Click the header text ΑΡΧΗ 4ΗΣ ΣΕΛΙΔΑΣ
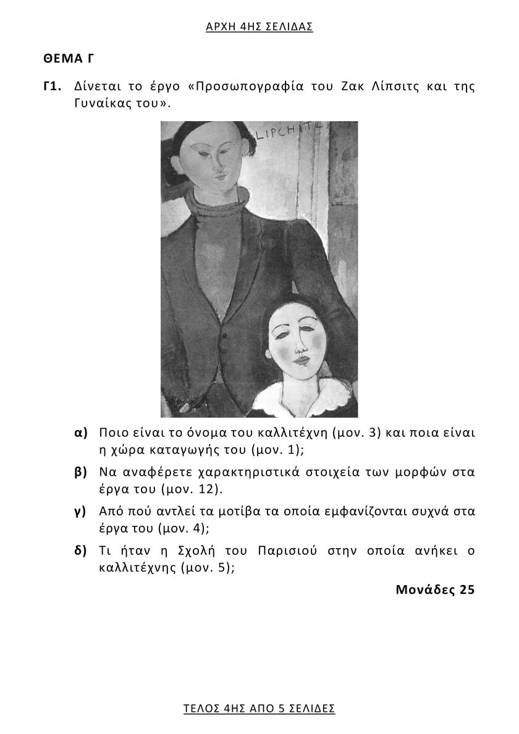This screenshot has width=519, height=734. tap(259, 27)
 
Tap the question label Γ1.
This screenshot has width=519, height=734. tap(52, 86)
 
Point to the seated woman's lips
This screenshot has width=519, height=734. tap(301, 359)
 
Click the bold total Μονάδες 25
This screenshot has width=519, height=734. tap(435, 589)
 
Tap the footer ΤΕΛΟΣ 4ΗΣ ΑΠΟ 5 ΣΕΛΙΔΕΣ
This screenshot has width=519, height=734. tap(259, 708)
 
